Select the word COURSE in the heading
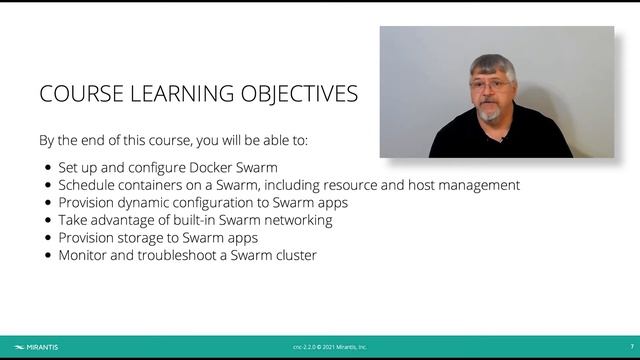tap(79, 95)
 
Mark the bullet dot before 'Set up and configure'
tap(49, 168)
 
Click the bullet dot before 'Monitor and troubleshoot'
tap(49, 255)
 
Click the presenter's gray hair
tap(493, 68)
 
